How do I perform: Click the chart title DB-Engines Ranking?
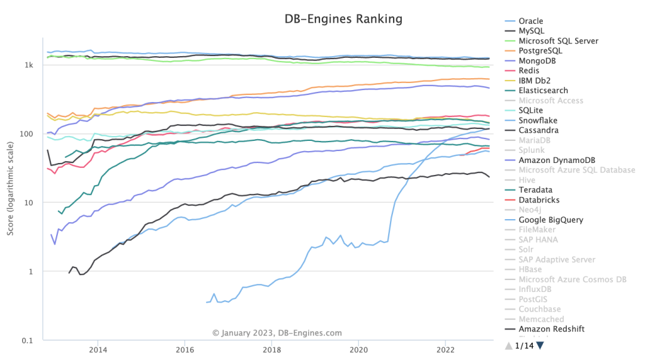click(343, 19)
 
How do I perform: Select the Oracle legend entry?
click(530, 21)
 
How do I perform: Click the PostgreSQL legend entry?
click(540, 51)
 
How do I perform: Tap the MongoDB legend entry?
click(538, 61)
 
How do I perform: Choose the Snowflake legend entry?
click(538, 121)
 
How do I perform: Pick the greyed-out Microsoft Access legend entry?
click(551, 100)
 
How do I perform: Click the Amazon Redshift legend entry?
click(551, 329)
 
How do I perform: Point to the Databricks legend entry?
click(539, 200)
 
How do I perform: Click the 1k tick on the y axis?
click(29, 64)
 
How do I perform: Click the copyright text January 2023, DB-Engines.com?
click(277, 333)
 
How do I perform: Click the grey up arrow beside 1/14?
click(508, 345)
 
